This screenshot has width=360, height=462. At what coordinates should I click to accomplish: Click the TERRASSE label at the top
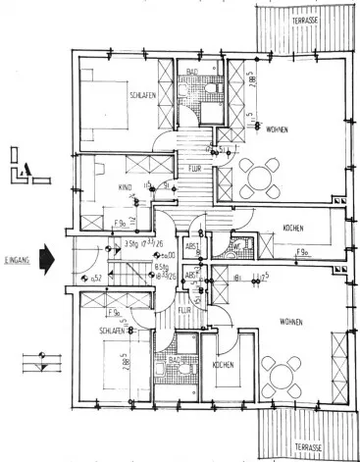(x=311, y=20)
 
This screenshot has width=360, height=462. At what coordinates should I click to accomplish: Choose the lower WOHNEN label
(x=290, y=321)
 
